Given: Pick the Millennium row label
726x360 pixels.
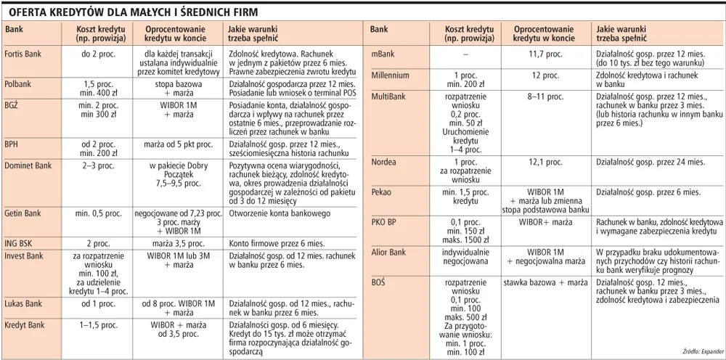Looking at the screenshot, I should pyautogui.click(x=390, y=75).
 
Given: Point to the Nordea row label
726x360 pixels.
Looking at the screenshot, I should pyautogui.click(x=384, y=162).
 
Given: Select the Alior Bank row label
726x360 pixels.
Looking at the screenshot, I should pyautogui.click(x=388, y=253).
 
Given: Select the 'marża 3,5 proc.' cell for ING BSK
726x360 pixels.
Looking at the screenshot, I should pyautogui.click(x=179, y=245).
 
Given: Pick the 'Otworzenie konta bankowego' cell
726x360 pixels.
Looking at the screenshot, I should pyautogui.click(x=280, y=213).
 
